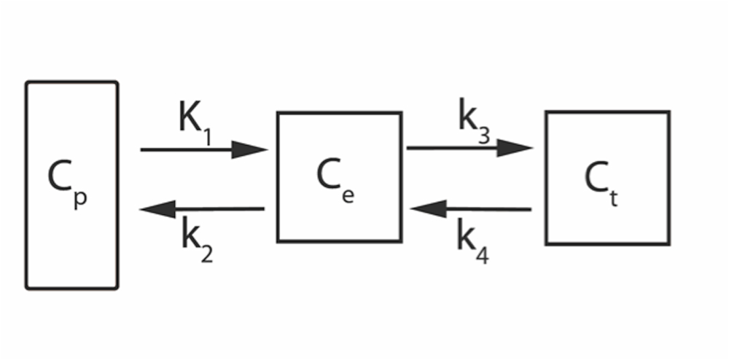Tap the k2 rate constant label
pos(196,240)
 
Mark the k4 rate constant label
pos(473,238)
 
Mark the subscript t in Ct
pos(615,196)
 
